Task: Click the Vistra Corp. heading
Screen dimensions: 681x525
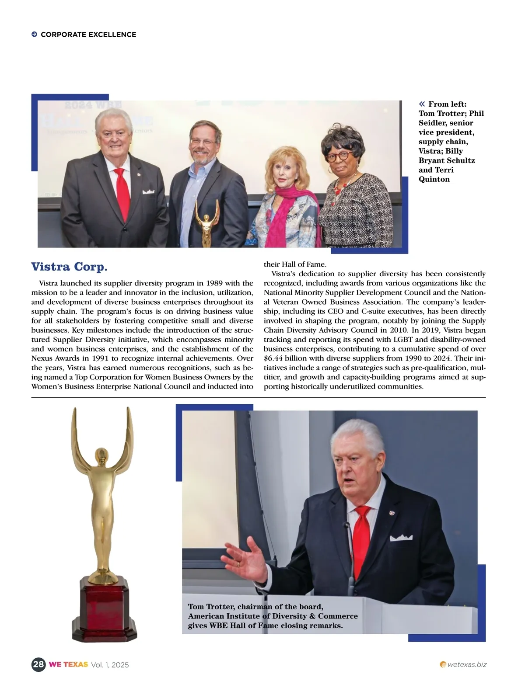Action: coord(69,267)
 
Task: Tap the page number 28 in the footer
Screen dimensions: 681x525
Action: coord(38,664)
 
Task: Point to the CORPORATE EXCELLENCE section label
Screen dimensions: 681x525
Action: coord(88,35)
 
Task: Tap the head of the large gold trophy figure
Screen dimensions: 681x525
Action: coord(101,455)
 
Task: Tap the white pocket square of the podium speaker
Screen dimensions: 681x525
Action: coord(401,538)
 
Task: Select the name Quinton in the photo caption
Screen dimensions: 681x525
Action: coord(434,179)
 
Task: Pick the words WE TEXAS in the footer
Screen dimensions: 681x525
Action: coord(68,664)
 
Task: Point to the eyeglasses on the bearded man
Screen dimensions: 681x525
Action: coord(203,142)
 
